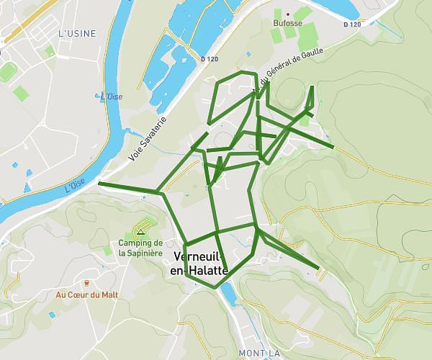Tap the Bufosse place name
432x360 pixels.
click(287, 23)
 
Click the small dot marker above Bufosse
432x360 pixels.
click(288, 14)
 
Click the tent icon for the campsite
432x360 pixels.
click(140, 233)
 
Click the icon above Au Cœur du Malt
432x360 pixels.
click(86, 283)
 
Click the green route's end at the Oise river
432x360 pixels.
click(99, 185)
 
